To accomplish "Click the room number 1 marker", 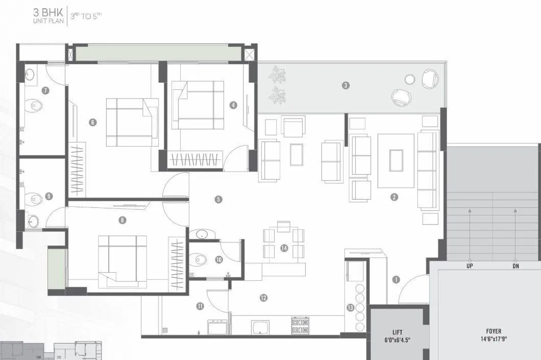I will [396, 279].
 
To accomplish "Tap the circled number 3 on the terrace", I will [346, 85].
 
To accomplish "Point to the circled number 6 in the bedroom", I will [92, 122].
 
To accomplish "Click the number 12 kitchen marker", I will [263, 298].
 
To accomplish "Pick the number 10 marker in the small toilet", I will [219, 259].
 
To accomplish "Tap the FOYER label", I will [494, 331].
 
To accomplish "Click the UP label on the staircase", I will [469, 266].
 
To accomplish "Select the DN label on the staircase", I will [515, 266].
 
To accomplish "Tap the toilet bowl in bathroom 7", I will [36, 106].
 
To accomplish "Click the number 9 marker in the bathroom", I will [48, 196].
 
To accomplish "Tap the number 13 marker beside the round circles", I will [350, 307].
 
